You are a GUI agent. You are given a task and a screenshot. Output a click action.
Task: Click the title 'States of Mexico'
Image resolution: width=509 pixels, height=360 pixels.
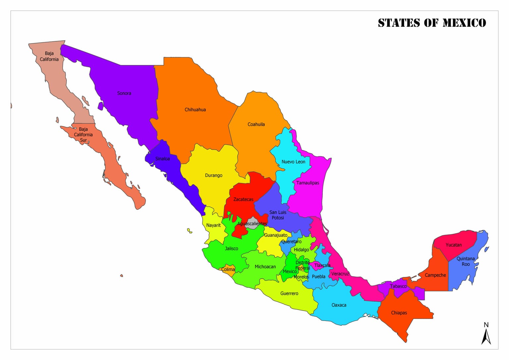click(x=432, y=23)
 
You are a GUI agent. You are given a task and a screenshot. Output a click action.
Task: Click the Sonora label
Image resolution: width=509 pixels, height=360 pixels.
click(x=124, y=93)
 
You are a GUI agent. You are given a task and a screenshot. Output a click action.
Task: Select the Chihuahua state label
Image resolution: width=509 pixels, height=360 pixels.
click(x=195, y=110)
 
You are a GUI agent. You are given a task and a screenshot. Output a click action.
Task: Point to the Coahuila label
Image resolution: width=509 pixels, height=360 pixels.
click(x=256, y=125)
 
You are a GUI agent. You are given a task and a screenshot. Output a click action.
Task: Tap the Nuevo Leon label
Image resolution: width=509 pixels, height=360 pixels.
click(x=293, y=162)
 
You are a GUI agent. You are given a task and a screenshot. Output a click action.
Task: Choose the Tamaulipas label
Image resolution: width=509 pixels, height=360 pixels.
click(x=308, y=183)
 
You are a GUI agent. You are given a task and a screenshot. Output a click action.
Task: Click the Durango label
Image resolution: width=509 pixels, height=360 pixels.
click(x=214, y=176)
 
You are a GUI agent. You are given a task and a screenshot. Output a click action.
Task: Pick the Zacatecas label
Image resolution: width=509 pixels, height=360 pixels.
click(x=243, y=199)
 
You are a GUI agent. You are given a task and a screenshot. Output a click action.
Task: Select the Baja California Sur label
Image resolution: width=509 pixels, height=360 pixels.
click(x=83, y=135)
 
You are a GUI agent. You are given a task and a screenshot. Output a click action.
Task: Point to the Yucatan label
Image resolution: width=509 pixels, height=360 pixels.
click(x=453, y=245)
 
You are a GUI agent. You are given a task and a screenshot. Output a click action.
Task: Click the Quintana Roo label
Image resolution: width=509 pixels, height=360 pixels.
click(x=466, y=261)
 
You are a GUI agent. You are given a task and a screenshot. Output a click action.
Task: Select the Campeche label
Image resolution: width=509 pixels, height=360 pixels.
click(x=435, y=275)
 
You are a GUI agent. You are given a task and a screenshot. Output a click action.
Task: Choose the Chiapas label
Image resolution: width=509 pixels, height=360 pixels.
click(x=399, y=313)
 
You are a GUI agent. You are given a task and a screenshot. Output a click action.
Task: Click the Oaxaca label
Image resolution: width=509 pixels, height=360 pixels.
click(x=339, y=305)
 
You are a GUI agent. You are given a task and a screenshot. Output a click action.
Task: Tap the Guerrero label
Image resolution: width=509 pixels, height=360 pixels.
click(x=289, y=293)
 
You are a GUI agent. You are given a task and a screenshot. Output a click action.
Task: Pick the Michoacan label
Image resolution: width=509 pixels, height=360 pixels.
click(x=265, y=267)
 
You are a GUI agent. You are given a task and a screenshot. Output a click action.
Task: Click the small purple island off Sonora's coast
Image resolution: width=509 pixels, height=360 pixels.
click(x=100, y=106)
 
